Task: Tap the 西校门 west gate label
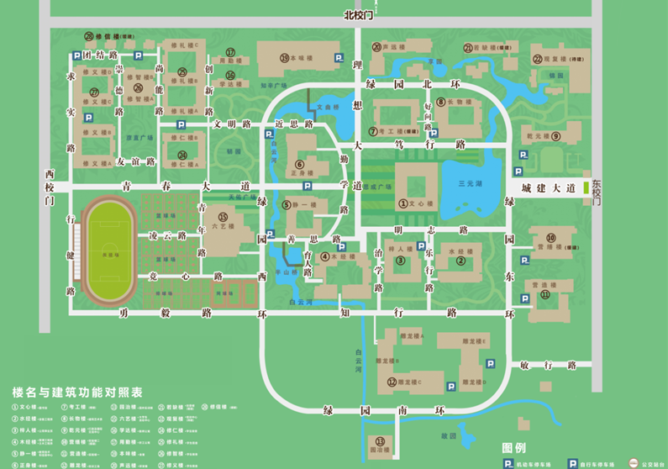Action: coord(50,188)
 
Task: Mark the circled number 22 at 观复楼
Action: coord(537,59)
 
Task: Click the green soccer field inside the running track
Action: coord(105,250)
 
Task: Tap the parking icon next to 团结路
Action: coord(72,55)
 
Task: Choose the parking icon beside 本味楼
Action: coord(339,57)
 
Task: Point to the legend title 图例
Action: coord(513,447)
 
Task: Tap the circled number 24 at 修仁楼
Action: coord(181,154)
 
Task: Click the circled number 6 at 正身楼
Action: coord(298,164)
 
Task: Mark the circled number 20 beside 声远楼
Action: coord(377,47)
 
